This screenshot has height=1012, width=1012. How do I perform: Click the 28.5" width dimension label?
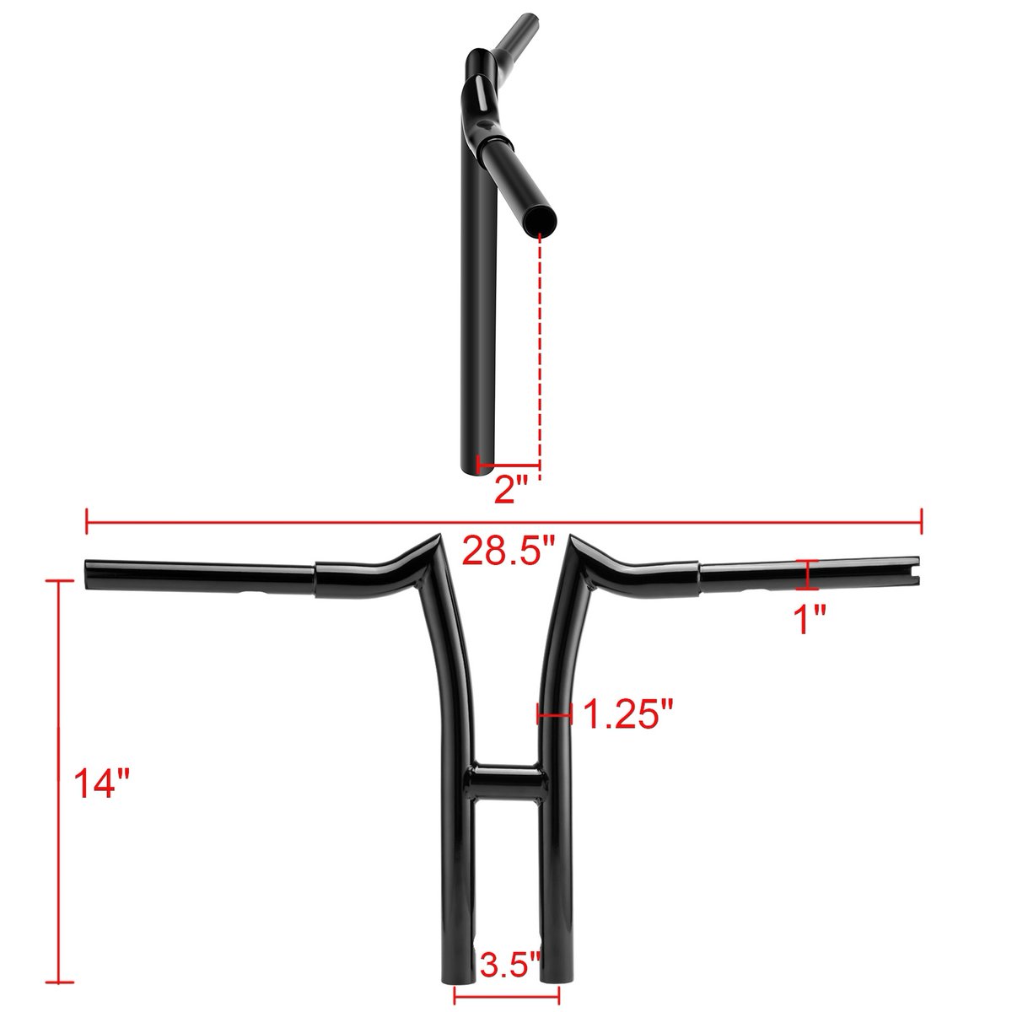tap(509, 554)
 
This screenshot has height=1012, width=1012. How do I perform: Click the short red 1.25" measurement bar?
tap(555, 715)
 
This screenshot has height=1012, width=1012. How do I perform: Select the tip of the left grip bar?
tap(89, 572)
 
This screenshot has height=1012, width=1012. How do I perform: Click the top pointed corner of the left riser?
tap(442, 536)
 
